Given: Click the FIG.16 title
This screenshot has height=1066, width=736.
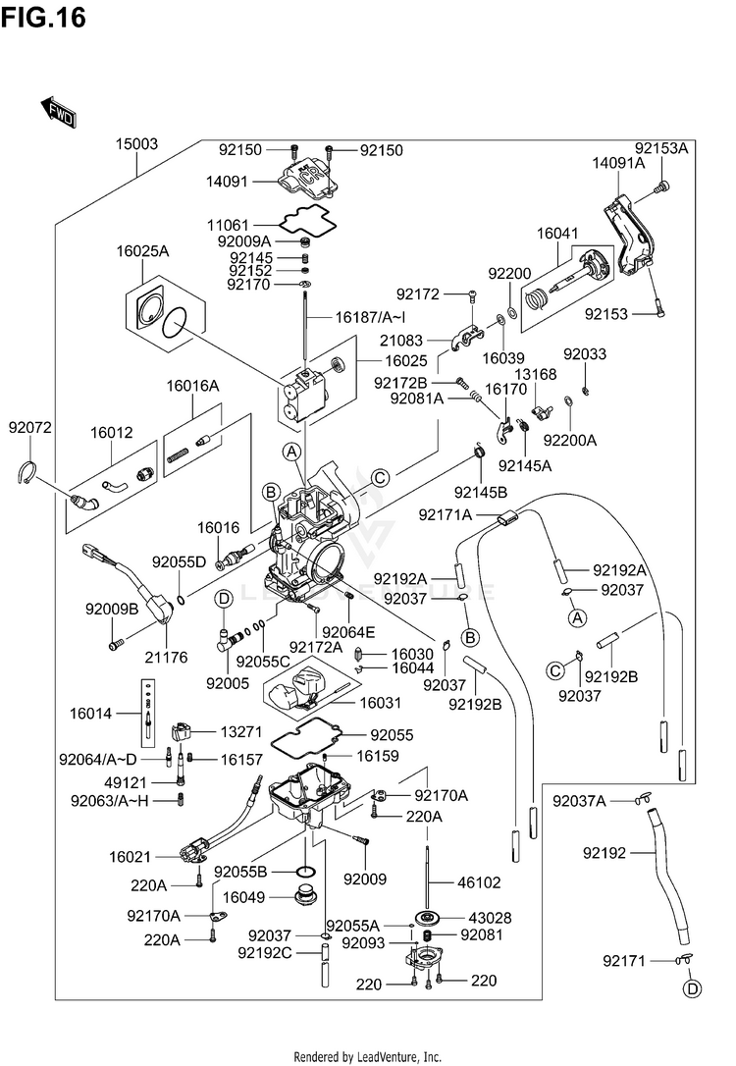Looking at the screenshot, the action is pyautogui.click(x=43, y=17).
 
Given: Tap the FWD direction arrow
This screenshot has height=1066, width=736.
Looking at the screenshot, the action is pyautogui.click(x=58, y=112).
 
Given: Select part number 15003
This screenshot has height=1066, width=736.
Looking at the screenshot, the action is pyautogui.click(x=136, y=144).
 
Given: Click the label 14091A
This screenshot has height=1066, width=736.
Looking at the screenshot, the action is pyautogui.click(x=618, y=163).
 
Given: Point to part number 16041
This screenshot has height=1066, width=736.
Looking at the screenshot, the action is pyautogui.click(x=557, y=234).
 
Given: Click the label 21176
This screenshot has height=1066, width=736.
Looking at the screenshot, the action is pyautogui.click(x=166, y=658).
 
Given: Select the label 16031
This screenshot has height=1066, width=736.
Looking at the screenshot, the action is pyautogui.click(x=380, y=703).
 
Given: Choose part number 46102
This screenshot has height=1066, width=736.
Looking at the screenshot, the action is pyautogui.click(x=479, y=883).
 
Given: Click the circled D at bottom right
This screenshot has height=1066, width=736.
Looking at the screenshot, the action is pyautogui.click(x=692, y=989).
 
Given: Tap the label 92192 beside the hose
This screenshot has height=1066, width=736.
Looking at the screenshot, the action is pyautogui.click(x=605, y=853).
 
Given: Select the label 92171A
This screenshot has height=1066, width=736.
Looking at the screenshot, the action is pyautogui.click(x=446, y=515).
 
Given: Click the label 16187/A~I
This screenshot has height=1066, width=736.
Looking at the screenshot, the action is pyautogui.click(x=370, y=317).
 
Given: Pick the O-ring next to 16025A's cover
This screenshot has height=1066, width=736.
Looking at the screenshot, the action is pyautogui.click(x=175, y=323).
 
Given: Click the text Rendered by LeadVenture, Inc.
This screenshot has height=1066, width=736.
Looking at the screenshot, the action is pyautogui.click(x=368, y=1057).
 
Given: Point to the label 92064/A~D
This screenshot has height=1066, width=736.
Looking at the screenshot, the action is pyautogui.click(x=98, y=760).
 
